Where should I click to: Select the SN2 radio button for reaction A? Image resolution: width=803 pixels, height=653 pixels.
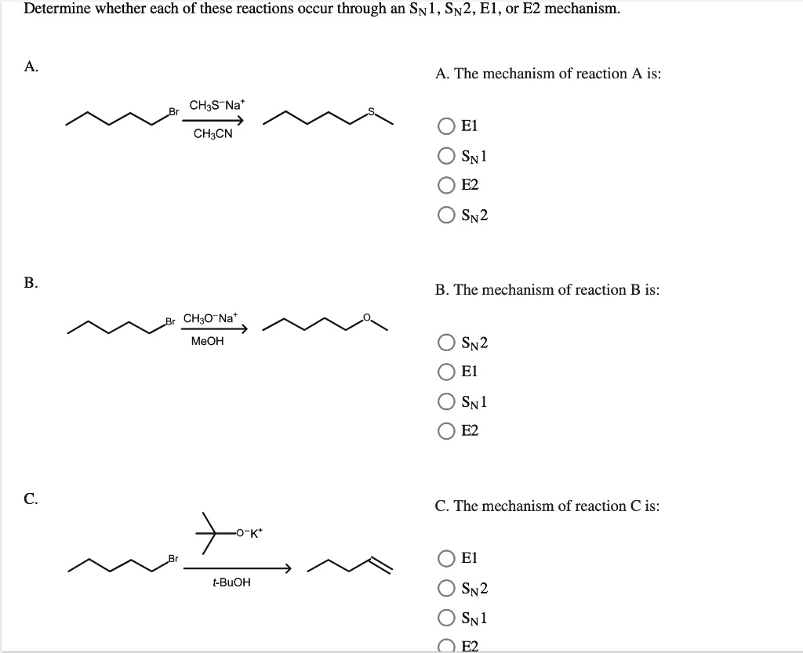[446, 215]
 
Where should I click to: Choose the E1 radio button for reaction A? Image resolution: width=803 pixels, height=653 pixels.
[446, 126]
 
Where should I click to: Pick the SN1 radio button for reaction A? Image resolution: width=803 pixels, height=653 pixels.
[446, 155]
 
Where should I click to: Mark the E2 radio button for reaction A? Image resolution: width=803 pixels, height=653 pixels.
[446, 185]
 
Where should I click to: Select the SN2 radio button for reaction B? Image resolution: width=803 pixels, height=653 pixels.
[446, 343]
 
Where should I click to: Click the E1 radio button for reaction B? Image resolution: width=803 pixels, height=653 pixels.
[446, 372]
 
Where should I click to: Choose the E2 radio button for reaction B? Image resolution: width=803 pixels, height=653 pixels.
[446, 431]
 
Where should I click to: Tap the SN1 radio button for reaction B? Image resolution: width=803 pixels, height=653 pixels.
[446, 401]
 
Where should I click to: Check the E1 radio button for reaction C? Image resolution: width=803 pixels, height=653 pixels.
[446, 558]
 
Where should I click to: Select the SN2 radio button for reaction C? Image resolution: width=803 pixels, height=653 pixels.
[446, 588]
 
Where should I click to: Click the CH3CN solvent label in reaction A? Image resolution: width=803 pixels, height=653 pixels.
[213, 134]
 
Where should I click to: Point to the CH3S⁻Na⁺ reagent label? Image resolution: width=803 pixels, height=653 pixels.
[218, 105]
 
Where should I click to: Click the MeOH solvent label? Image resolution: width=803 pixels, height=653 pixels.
[207, 341]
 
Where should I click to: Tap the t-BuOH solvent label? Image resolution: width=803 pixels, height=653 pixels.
[231, 582]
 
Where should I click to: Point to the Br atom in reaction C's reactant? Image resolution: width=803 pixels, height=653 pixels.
[173, 558]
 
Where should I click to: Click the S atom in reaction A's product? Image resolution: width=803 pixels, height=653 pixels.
[372, 111]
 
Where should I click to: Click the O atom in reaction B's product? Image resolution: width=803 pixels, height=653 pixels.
[367, 317]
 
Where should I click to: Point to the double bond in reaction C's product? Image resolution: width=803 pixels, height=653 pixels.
[380, 564]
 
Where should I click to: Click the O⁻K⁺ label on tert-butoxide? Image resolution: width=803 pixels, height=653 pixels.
[249, 533]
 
